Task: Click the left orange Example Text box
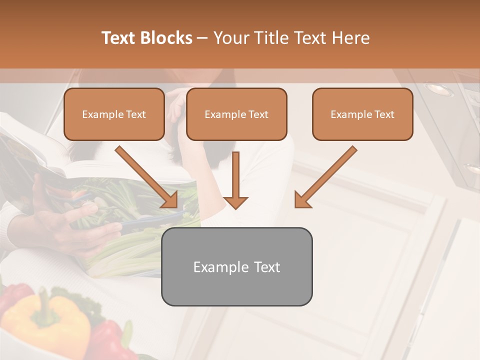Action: click(114, 114)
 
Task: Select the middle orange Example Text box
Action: click(236, 114)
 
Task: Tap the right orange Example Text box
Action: click(362, 114)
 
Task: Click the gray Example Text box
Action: click(236, 266)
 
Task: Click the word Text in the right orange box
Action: click(384, 114)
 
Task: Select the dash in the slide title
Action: click(202, 38)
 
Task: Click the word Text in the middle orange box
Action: click(258, 114)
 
